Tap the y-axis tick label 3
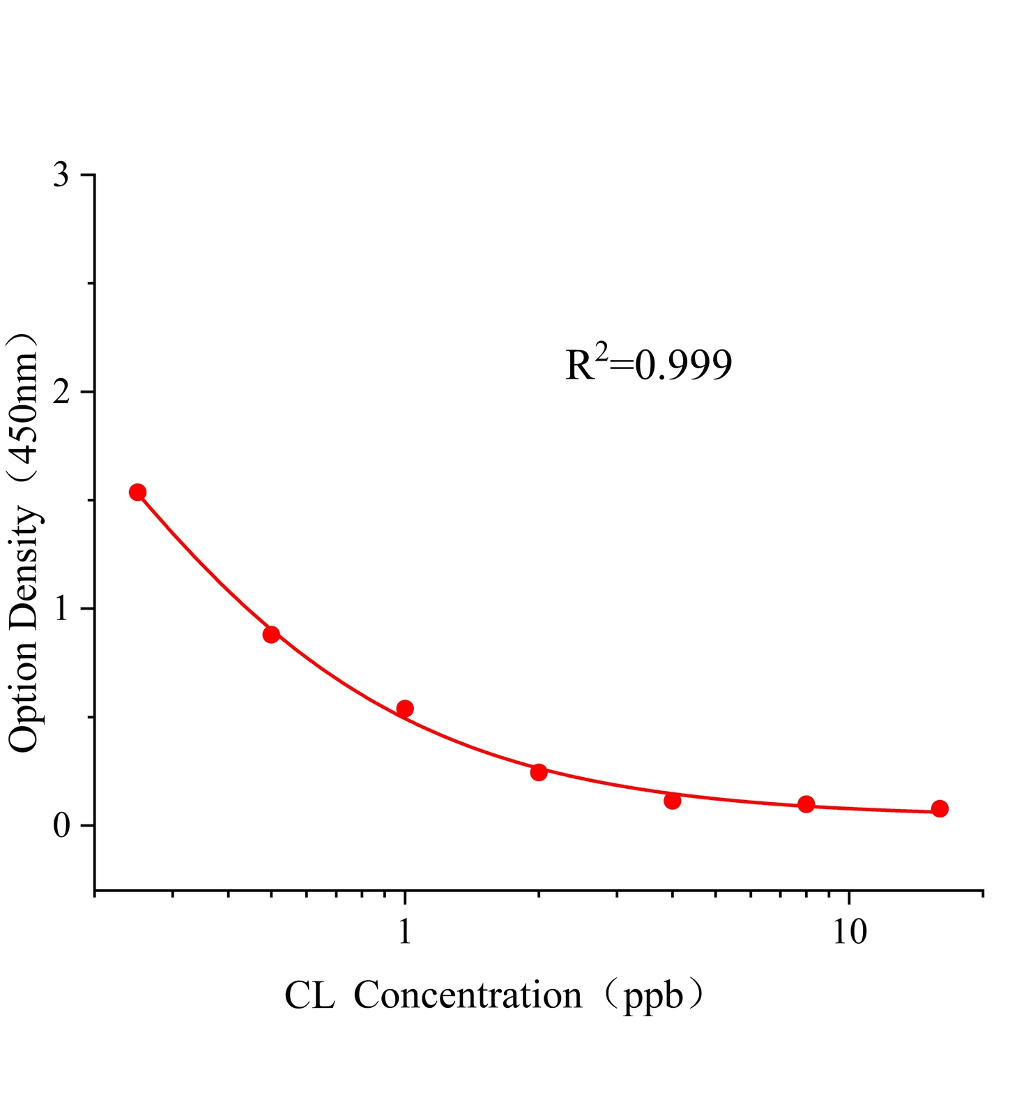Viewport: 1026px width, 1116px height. (61, 175)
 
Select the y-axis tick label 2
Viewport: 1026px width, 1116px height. (61, 392)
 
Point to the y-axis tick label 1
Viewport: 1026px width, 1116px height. (61, 609)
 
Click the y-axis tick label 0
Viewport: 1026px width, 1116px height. (61, 826)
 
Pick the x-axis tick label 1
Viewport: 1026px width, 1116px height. (405, 932)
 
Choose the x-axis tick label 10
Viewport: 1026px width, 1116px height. (850, 932)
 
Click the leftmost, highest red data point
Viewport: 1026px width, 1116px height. (138, 492)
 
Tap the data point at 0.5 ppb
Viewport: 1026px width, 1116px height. (271, 635)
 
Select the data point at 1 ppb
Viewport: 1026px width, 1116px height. (405, 709)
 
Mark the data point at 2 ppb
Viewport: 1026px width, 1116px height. (539, 772)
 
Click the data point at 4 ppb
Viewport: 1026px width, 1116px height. (673, 801)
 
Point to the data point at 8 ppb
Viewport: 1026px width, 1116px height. (806, 804)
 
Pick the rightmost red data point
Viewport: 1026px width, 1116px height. (940, 808)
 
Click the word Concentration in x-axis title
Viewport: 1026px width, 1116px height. (468, 995)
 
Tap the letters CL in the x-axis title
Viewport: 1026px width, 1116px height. (309, 995)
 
